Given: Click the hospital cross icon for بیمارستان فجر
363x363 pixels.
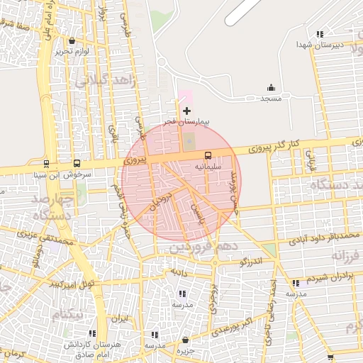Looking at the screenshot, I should (186, 111).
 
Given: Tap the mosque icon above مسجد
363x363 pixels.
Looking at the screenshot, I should (271, 88).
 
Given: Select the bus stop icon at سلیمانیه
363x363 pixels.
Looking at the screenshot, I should (208, 155).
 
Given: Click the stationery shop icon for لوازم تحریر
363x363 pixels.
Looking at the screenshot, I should (74, 40).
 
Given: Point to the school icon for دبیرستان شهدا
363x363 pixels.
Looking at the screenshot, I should (320, 33).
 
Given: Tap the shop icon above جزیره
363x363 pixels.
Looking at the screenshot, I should (185, 340).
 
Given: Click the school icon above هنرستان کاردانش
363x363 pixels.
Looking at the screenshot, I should (92, 333).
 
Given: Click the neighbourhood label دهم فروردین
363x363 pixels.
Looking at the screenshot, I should (202, 248).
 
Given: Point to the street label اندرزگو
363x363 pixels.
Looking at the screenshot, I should (251, 262).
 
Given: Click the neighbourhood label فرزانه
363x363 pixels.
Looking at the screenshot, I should (347, 255).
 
